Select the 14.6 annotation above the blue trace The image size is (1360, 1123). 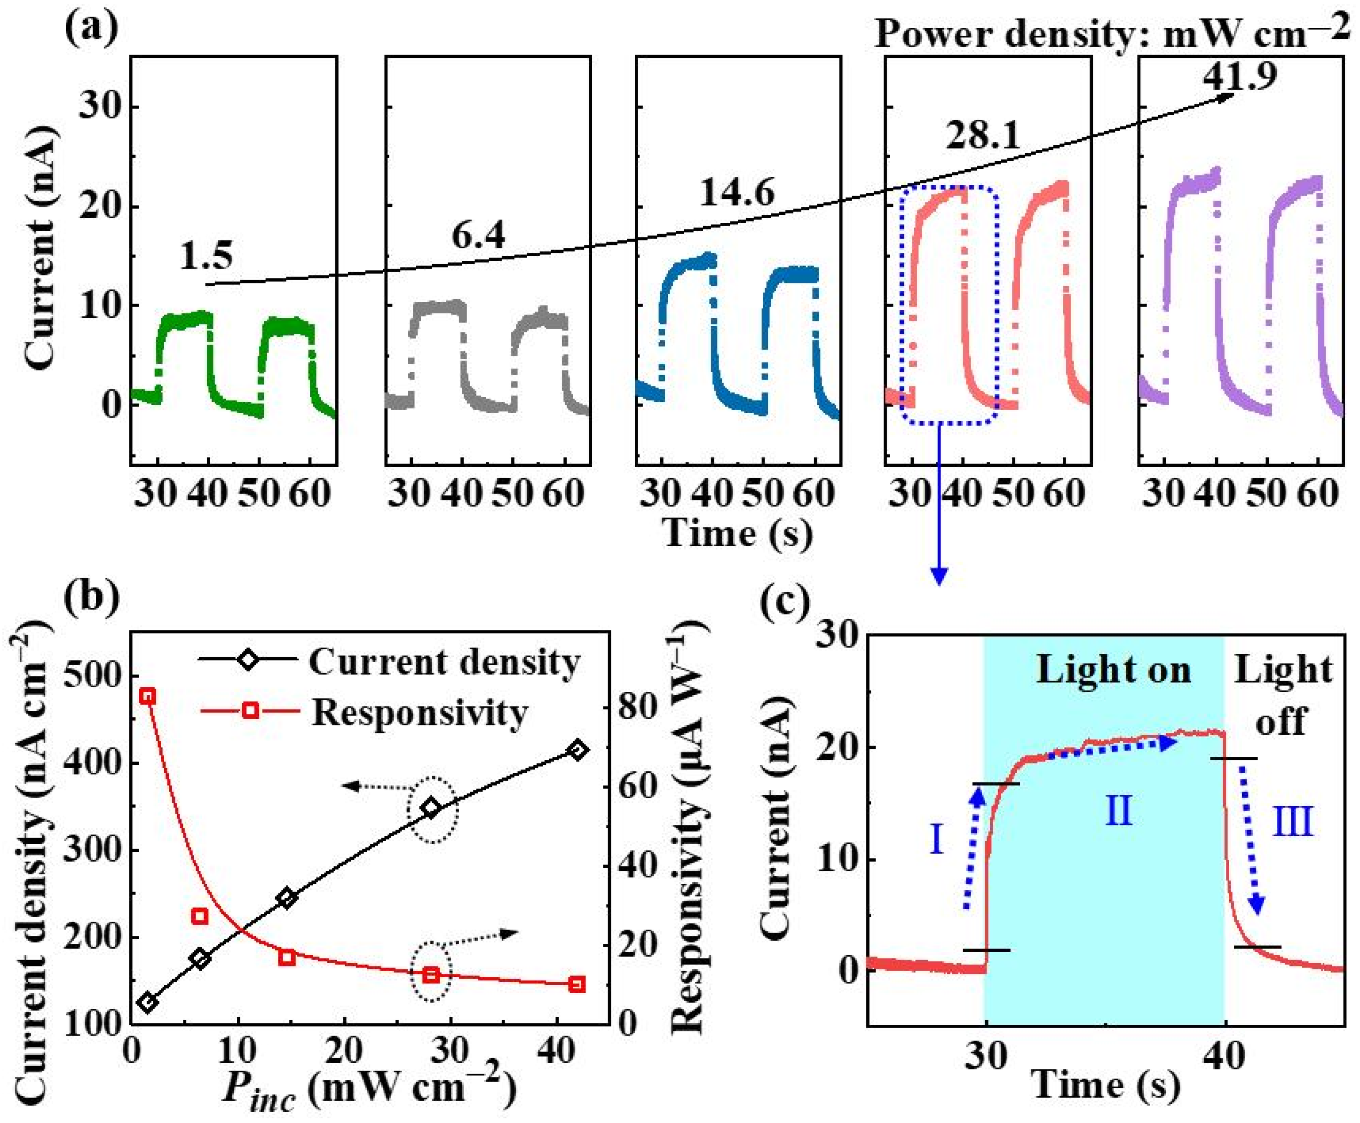(737, 192)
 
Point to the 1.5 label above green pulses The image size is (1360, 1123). (206, 256)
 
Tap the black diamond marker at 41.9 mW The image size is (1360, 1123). (578, 750)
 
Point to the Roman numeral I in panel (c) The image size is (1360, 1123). (936, 840)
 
